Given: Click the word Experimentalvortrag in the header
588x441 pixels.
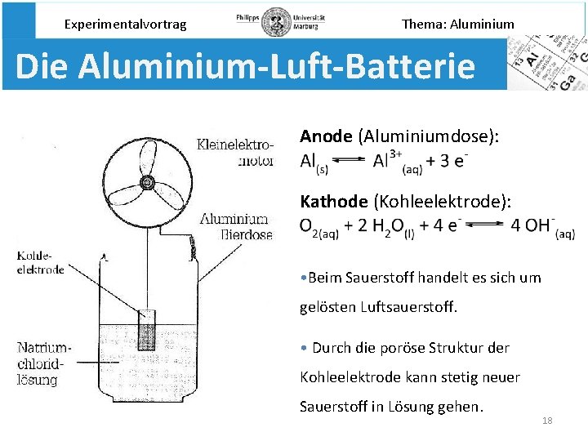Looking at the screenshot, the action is coord(125,24).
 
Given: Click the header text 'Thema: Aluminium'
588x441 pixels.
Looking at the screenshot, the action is coord(458,24).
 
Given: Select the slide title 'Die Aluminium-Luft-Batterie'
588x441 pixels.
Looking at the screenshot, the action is coord(244,66).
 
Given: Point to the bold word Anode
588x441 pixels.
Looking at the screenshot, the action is coord(327,136).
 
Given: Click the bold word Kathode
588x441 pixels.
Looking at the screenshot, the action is coord(335,201).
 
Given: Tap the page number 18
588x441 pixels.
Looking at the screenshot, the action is coord(547,421).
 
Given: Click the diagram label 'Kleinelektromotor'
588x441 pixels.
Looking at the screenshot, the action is coord(235,153).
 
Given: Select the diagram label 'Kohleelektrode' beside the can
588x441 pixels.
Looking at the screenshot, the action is coord(40,263).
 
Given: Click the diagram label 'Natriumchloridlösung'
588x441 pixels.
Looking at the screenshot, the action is coord(45,363).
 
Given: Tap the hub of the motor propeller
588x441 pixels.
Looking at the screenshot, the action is coord(148,182).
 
